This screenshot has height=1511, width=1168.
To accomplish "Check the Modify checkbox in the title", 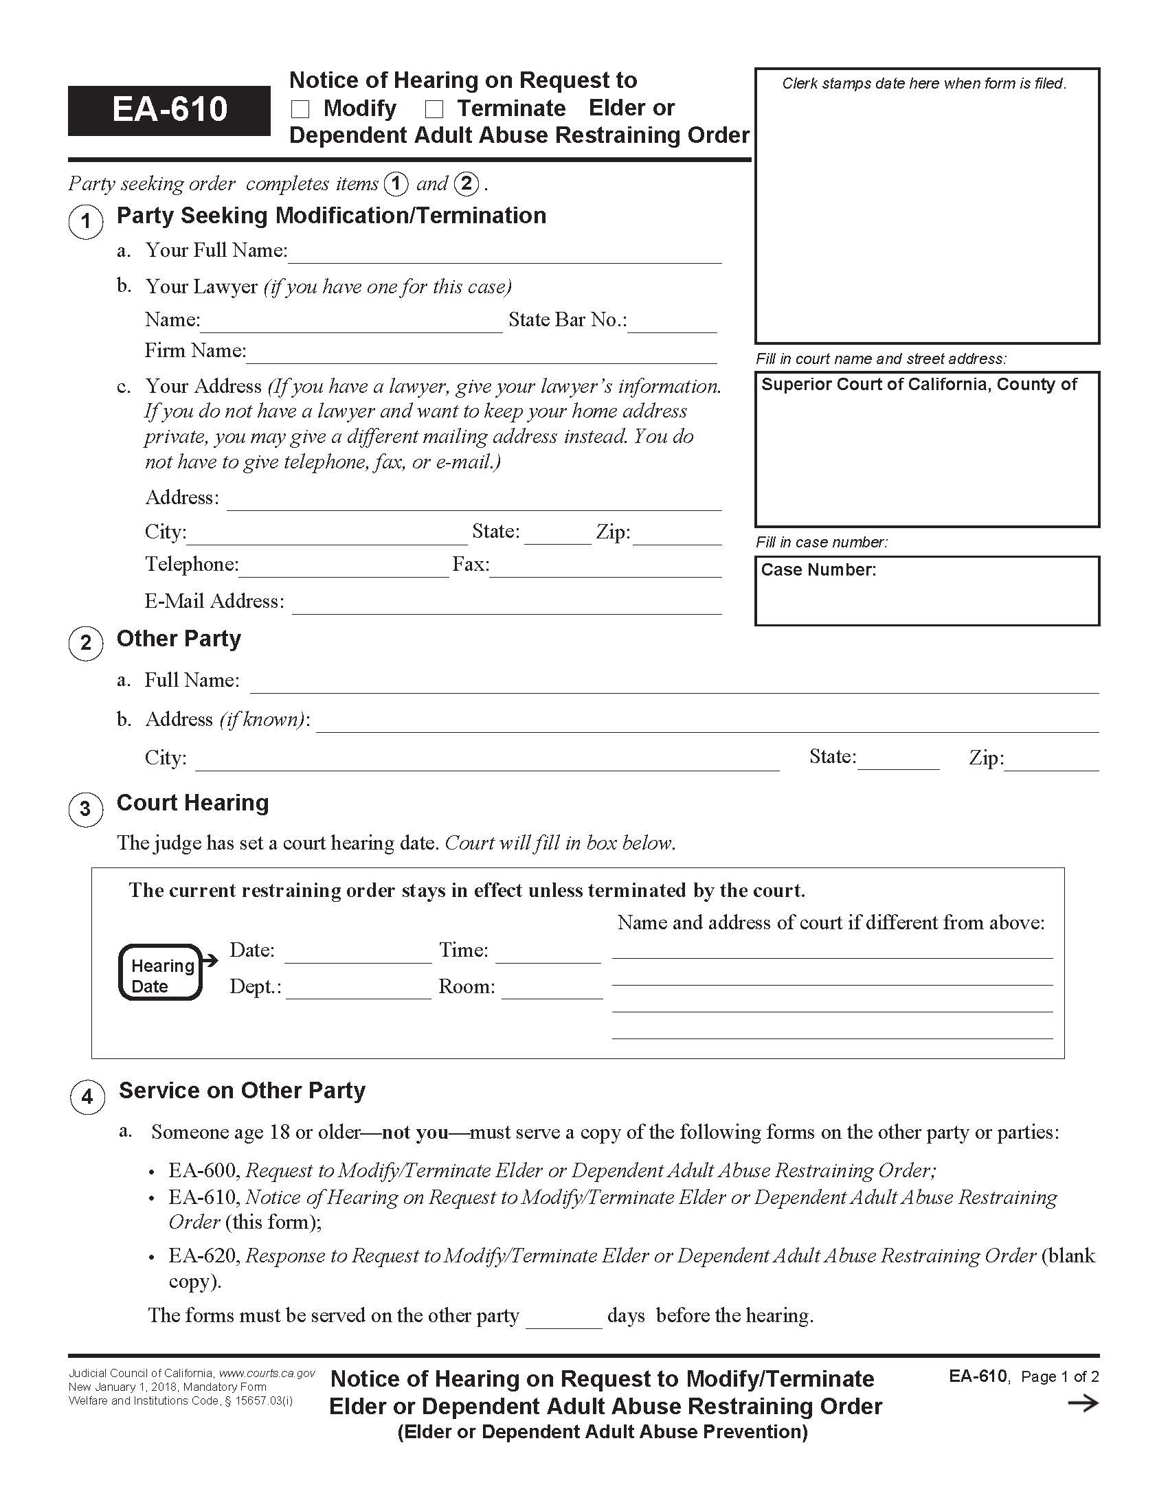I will (300, 109).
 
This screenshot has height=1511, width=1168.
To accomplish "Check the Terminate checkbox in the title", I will (434, 109).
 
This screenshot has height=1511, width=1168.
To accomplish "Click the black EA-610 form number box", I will (169, 110).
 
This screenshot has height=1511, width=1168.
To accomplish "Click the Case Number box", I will (927, 591).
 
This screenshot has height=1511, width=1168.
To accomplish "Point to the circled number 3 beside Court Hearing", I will (85, 809).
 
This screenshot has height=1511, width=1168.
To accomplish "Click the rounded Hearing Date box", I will (161, 972).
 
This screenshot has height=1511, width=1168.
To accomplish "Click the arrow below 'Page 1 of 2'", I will (1083, 1403).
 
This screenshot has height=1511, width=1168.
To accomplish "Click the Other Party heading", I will (179, 639).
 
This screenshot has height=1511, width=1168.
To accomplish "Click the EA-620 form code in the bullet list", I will (203, 1256).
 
